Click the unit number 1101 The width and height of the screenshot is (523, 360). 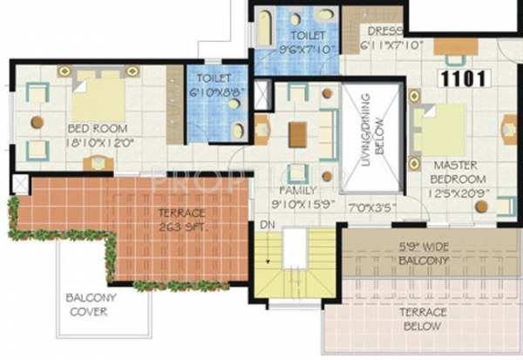click(x=465, y=78)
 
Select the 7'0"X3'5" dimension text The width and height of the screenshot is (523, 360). click(x=373, y=209)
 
